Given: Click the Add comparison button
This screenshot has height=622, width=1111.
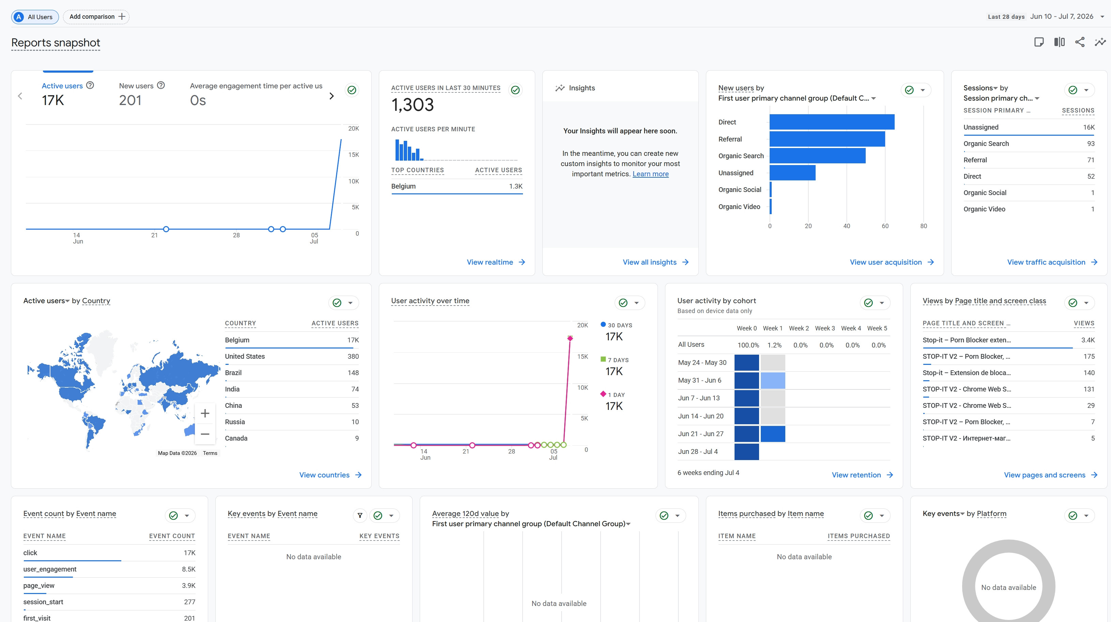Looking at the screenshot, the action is [x=96, y=17].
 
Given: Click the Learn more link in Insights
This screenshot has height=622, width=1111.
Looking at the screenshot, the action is [x=650, y=174].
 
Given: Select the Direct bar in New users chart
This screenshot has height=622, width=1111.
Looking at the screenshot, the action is [x=832, y=122].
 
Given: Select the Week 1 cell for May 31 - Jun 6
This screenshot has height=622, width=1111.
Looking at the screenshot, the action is [x=773, y=381].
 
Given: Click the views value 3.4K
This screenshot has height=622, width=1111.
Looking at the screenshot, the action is [x=1088, y=340].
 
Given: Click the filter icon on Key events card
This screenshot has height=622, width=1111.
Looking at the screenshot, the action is [x=360, y=515].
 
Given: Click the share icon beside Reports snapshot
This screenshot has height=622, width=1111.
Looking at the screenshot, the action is [x=1080, y=42].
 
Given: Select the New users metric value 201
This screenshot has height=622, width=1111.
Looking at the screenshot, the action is [x=130, y=101].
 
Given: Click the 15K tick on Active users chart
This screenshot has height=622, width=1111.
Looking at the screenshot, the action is [x=354, y=154].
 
